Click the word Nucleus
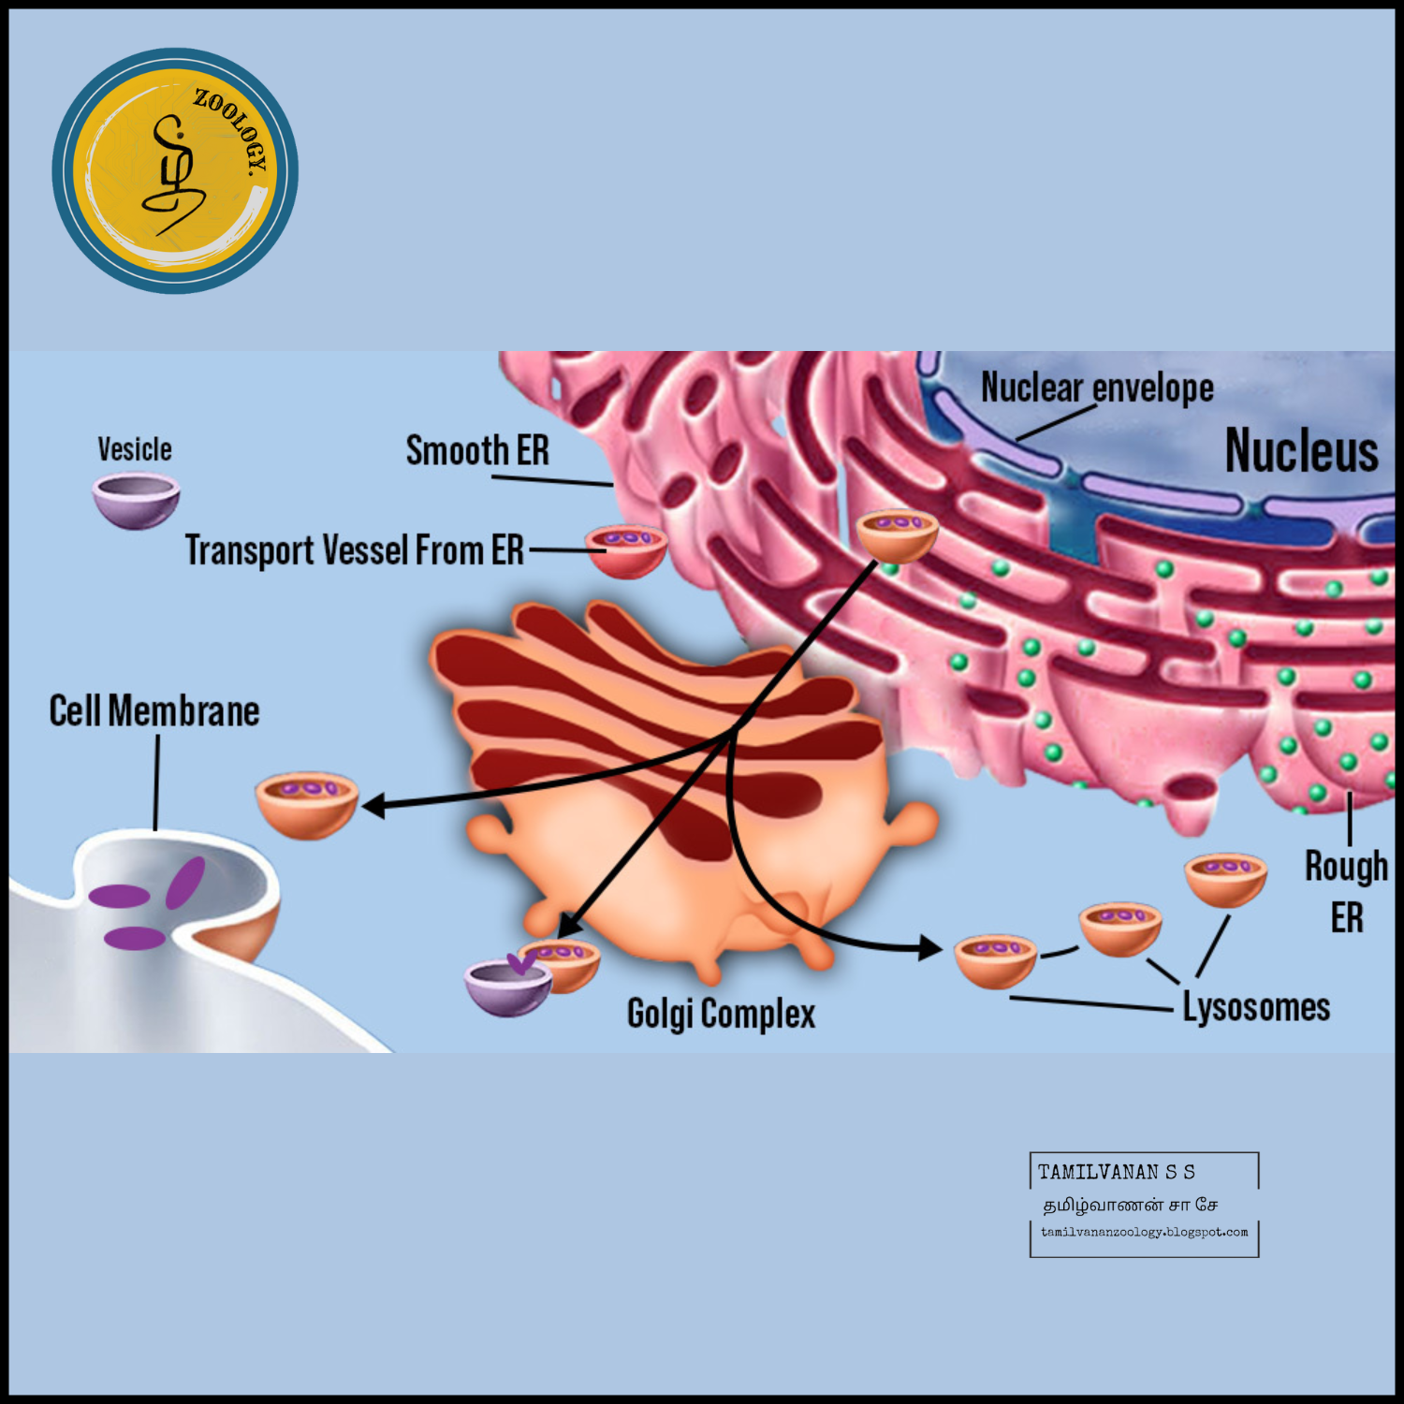(x=1301, y=451)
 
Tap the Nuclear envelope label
(x=1097, y=388)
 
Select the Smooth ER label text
(x=477, y=451)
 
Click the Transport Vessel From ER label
(x=354, y=550)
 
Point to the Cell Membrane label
(x=154, y=711)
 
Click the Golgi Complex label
(x=721, y=1014)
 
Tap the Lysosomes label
(x=1256, y=1007)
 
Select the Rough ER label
(x=1346, y=891)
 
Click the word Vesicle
(x=135, y=449)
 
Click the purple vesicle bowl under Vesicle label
(x=136, y=500)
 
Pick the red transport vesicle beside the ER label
(x=626, y=550)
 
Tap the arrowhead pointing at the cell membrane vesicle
(x=374, y=805)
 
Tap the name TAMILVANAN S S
(x=1116, y=1172)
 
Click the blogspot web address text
(x=1144, y=1232)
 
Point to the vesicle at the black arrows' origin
(x=897, y=534)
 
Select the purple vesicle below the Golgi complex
(x=507, y=987)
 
